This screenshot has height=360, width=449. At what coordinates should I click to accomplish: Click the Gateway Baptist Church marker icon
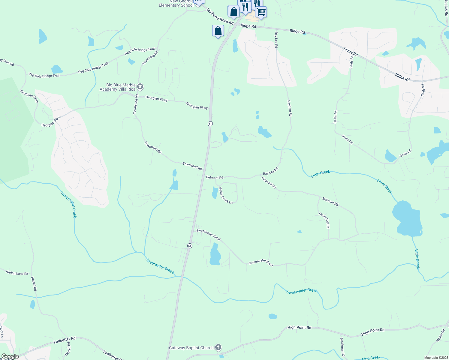218,348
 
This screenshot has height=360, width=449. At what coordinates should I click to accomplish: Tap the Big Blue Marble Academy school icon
140,87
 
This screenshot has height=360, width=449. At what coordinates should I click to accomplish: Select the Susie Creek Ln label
226,196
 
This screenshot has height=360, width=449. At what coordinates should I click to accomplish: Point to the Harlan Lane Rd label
17,273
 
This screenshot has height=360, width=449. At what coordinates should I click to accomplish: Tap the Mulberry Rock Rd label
220,16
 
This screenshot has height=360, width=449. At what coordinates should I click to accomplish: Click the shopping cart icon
261,12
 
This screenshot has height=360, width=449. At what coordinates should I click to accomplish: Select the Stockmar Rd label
342,347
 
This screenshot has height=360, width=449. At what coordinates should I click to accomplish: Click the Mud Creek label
371,358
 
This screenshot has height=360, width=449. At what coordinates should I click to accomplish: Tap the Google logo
10,356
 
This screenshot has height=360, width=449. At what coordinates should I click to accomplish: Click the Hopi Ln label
2,332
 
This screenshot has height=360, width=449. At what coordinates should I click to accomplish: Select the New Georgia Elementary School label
176,3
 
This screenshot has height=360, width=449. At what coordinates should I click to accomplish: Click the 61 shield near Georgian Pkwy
210,124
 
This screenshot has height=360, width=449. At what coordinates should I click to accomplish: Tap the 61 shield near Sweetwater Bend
189,246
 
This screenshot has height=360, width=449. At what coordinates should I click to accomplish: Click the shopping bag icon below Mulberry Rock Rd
218,31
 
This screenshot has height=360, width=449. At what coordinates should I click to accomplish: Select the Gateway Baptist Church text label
191,348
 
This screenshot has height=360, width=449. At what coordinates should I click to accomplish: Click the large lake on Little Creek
407,218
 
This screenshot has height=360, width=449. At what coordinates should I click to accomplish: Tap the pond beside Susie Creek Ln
215,193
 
